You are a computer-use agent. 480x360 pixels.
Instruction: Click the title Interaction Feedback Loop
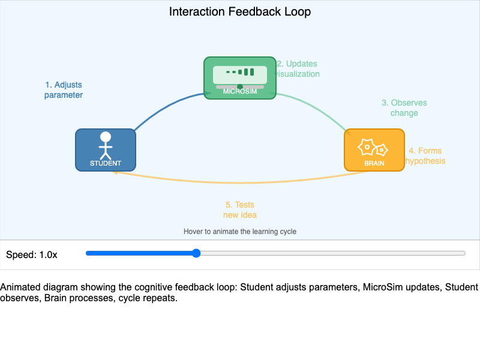(240, 11)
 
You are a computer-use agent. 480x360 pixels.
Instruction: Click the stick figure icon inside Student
(106, 145)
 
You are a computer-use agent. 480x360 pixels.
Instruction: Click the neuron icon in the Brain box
(373, 146)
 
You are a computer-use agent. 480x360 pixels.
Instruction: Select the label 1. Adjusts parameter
(63, 90)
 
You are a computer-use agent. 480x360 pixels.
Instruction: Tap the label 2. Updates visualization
(298, 69)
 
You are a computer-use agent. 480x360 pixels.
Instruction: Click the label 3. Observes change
(404, 108)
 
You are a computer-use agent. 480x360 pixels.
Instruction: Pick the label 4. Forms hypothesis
(425, 156)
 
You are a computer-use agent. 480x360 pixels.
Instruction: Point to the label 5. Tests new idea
(240, 209)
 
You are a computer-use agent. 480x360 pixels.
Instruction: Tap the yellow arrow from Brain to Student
(240, 181)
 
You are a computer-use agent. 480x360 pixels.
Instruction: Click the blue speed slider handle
(196, 253)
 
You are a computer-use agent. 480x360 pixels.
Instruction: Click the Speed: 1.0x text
(32, 254)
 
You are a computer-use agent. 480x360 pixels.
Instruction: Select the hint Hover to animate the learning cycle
(240, 231)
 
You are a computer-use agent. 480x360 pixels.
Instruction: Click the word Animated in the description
(19, 287)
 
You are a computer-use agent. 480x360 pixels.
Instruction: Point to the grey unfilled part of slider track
(330, 253)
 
